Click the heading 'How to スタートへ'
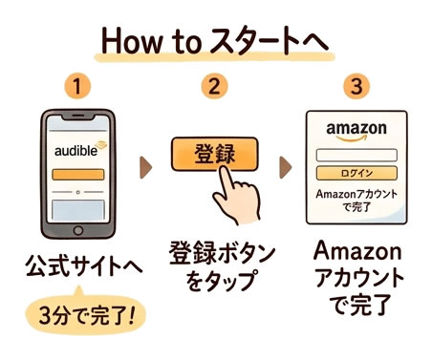point(216,43)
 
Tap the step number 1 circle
point(82,88)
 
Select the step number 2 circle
point(216,88)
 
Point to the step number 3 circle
point(356,88)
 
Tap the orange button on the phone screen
point(84,176)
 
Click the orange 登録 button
point(215,154)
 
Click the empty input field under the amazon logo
point(356,154)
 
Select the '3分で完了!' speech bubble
point(82,313)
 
